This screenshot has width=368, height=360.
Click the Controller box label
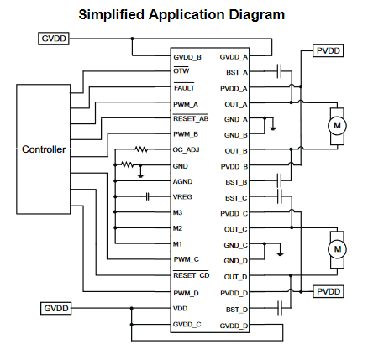pyautogui.click(x=44, y=149)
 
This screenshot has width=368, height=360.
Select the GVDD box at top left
pyautogui.click(x=54, y=39)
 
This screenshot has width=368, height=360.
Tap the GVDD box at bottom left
pyautogui.click(x=56, y=308)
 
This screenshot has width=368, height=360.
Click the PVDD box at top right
pyautogui.click(x=328, y=51)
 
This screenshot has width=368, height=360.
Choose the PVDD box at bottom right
pyautogui.click(x=329, y=291)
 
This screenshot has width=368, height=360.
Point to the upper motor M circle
pyautogui.click(x=337, y=126)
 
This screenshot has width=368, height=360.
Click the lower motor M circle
pyautogui.click(x=338, y=249)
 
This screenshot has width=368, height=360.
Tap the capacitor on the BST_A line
pyautogui.click(x=279, y=71)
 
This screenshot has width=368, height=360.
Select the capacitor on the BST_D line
pyautogui.click(x=280, y=308)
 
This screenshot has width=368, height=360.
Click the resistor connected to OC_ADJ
pyautogui.click(x=141, y=149)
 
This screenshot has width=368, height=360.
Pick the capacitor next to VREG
pyautogui.click(x=148, y=196)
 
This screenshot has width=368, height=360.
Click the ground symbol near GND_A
pyautogui.click(x=273, y=128)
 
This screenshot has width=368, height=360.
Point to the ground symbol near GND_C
pyautogui.click(x=280, y=254)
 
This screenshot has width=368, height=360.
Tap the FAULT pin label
pyautogui.click(x=184, y=88)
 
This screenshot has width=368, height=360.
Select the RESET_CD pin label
pyautogui.click(x=192, y=275)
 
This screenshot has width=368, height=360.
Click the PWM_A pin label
pyautogui.click(x=186, y=105)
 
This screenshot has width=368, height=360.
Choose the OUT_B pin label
pyautogui.click(x=236, y=151)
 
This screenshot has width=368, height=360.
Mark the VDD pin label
pyautogui.click(x=181, y=308)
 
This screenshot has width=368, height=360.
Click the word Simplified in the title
pyautogui.click(x=112, y=14)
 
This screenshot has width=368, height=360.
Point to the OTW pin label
pyautogui.click(x=181, y=71)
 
